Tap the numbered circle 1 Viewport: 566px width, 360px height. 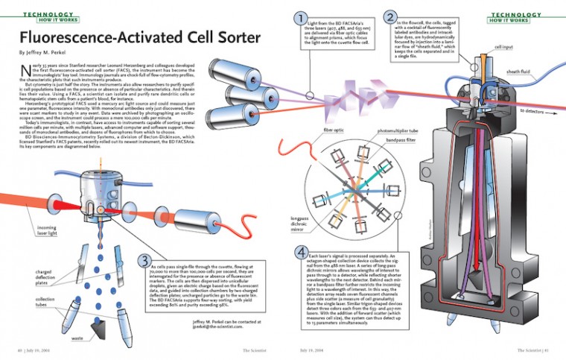point(299,18)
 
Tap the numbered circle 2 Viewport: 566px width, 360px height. point(390,16)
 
